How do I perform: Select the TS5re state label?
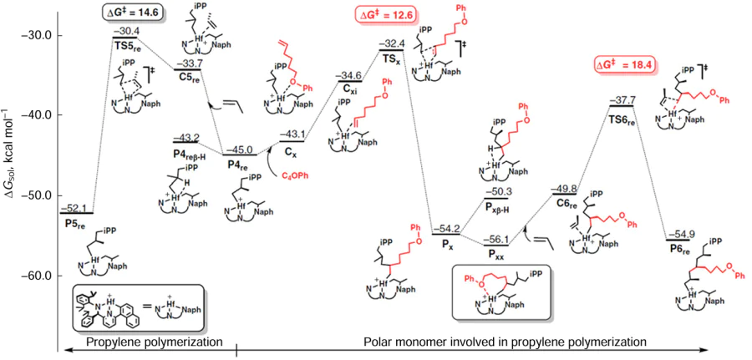(x=125, y=44)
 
